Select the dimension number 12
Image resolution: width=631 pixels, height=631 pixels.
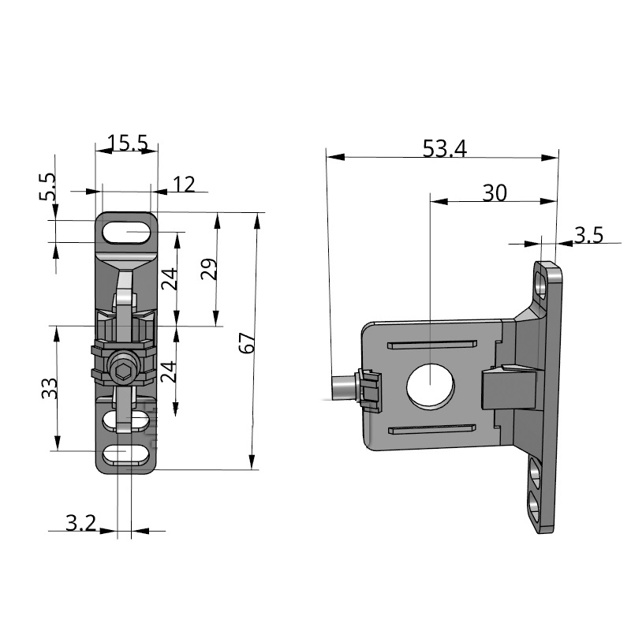coord(183,185)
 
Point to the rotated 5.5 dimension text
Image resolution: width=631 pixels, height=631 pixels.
coord(47,189)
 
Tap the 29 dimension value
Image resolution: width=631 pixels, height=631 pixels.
coord(208,269)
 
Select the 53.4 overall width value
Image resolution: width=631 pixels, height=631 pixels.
coord(444,148)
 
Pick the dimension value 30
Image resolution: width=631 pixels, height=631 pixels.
coord(495,193)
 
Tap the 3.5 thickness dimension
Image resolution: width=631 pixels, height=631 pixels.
coord(588,234)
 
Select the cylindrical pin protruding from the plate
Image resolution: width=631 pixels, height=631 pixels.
coord(343,387)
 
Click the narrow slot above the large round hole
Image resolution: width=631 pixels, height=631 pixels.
coord(432,344)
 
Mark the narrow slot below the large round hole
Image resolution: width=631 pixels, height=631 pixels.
coord(431,428)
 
